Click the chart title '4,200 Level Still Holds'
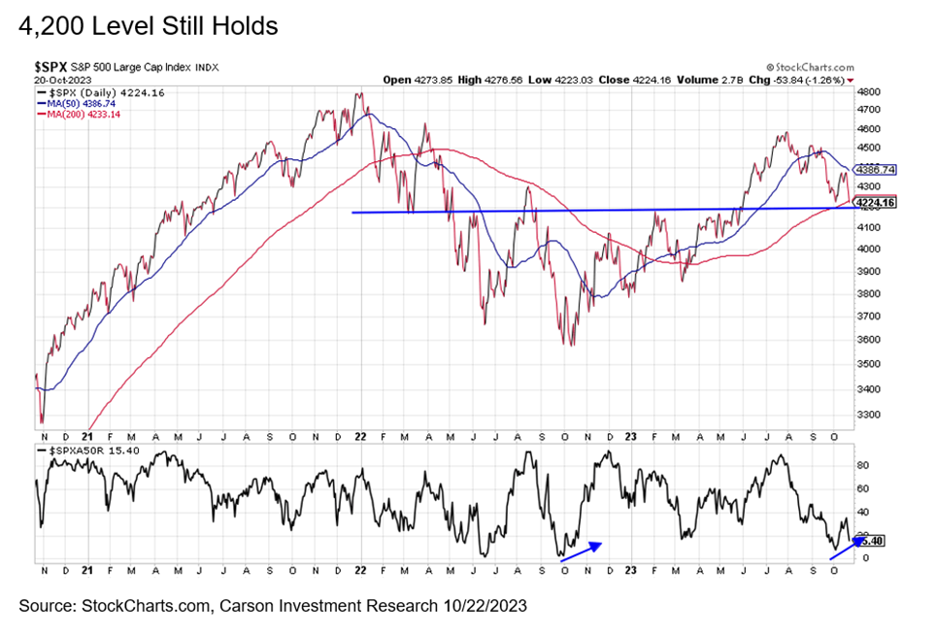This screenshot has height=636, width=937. (148, 26)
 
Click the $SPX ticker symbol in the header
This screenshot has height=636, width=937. (53, 66)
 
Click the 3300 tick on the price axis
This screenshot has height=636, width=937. (869, 415)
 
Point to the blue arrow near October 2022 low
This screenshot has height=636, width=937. (581, 551)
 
